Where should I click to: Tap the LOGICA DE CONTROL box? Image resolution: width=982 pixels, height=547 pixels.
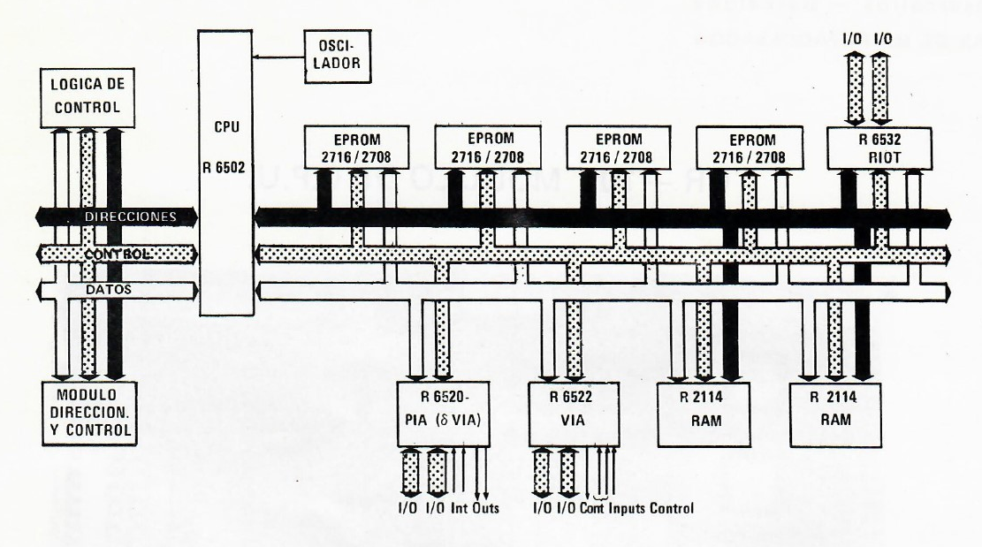88,98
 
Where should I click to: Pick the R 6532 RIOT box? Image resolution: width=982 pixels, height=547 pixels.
879,146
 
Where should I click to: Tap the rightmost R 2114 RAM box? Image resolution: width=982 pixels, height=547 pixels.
836,409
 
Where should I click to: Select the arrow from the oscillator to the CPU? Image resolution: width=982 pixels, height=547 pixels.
278,56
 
